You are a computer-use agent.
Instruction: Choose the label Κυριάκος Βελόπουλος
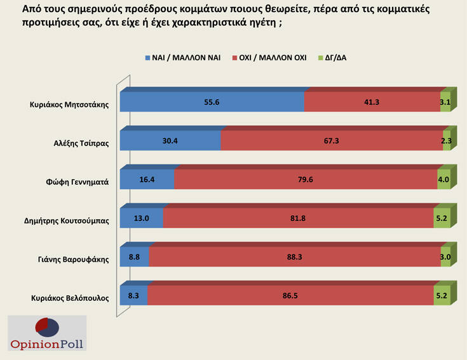coord(70,297)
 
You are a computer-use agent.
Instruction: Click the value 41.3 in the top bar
coord(372,102)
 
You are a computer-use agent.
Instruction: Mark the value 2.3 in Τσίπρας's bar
coord(447,141)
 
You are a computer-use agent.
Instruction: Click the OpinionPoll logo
coord(46,333)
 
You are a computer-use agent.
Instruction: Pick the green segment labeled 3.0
coord(445,258)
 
